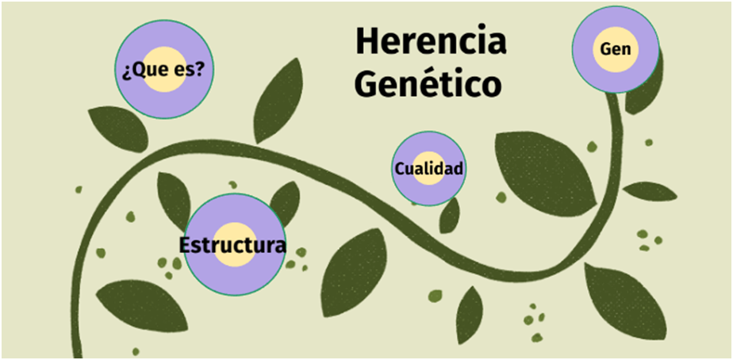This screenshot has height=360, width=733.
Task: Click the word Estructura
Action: click(x=232, y=244)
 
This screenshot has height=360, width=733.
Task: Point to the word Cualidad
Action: click(x=428, y=169)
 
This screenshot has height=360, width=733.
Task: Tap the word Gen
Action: click(x=616, y=49)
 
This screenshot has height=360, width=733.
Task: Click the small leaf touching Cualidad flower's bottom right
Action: click(x=450, y=215)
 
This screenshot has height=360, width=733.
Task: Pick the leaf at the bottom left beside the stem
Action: click(x=140, y=304)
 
